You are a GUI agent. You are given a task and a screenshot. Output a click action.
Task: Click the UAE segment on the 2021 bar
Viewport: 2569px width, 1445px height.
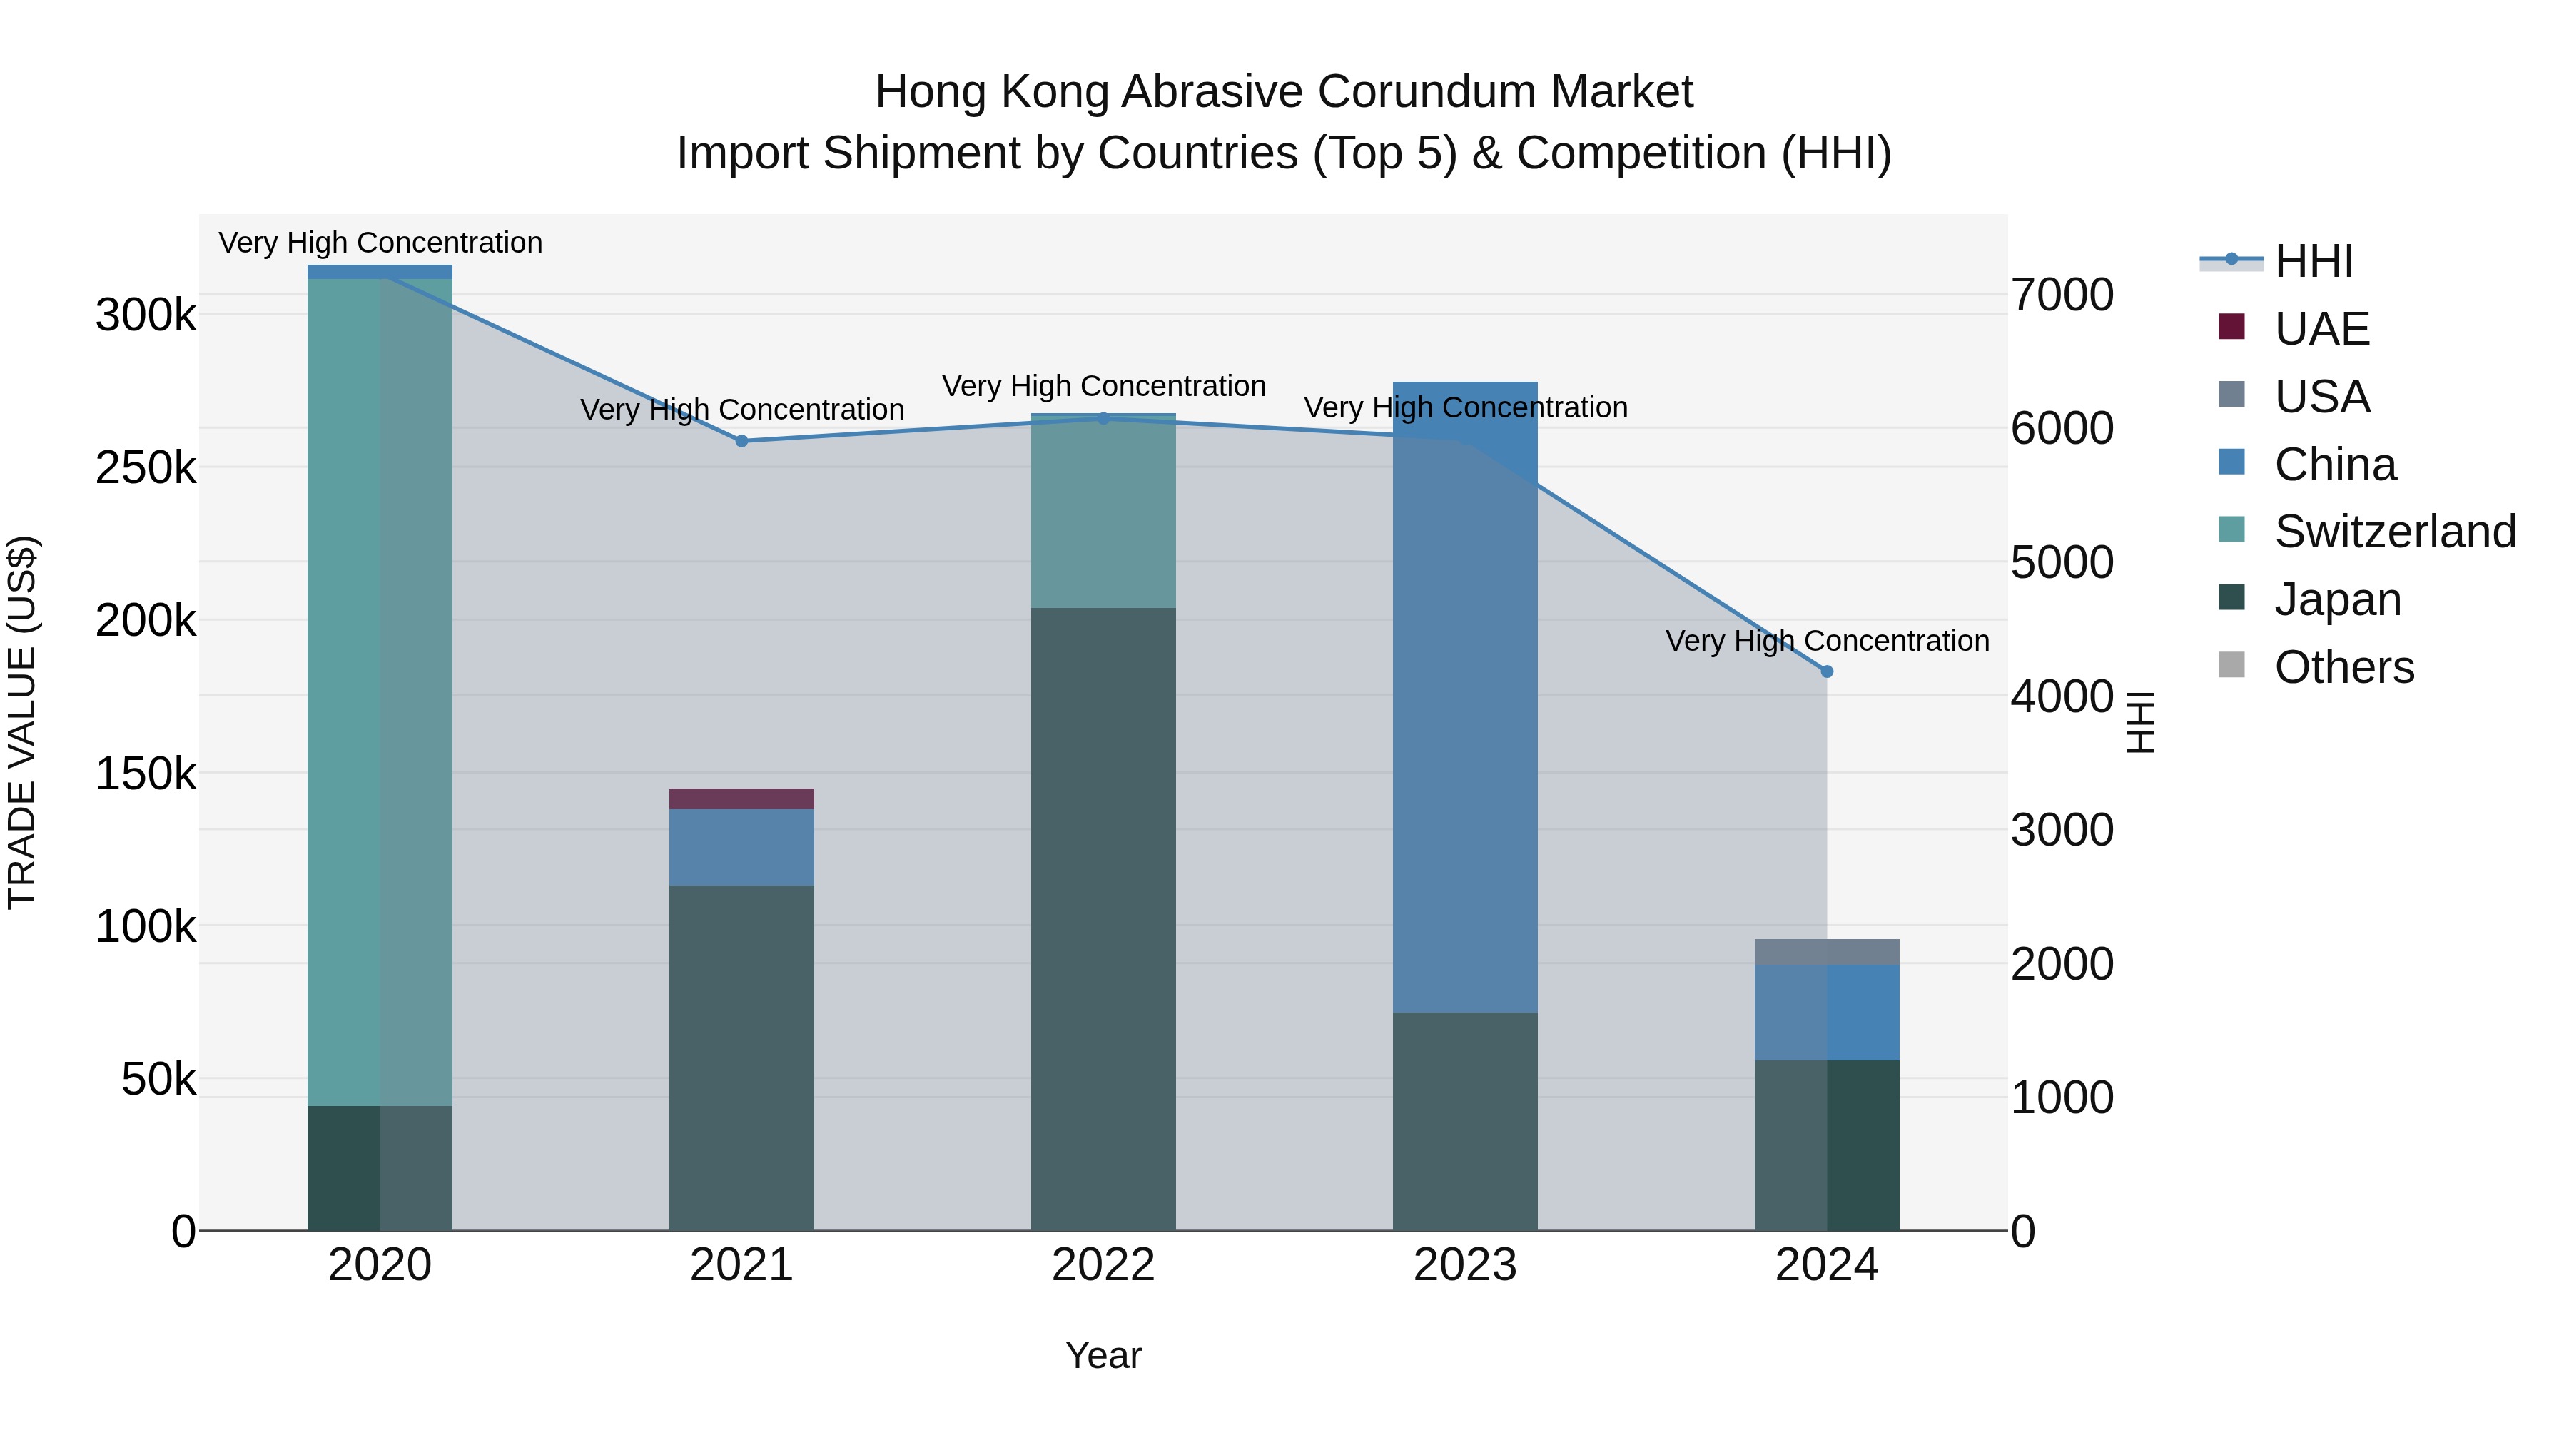(x=741, y=798)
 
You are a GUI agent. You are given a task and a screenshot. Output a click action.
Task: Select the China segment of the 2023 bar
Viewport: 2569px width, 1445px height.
(x=1464, y=698)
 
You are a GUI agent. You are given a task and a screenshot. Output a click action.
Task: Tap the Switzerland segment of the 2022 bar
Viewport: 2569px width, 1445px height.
(x=1103, y=511)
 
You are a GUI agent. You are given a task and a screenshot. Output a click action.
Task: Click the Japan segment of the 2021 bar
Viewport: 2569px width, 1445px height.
(x=741, y=1057)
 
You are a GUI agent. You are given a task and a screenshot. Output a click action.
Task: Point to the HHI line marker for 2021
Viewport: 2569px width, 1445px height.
(x=741, y=441)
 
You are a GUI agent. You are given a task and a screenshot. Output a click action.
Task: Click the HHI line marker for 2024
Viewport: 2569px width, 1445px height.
(x=1826, y=671)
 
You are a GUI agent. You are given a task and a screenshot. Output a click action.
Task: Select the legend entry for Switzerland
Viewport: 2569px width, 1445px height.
(x=2394, y=532)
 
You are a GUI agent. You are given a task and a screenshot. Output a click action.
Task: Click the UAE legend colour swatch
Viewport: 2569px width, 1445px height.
(x=2231, y=327)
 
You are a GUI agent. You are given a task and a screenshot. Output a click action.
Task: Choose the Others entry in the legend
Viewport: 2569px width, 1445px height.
(x=2343, y=667)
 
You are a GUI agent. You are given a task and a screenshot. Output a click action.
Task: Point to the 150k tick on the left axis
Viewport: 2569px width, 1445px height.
(x=146, y=774)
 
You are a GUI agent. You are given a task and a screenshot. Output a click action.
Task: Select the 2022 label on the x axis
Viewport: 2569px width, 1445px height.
(x=1103, y=1265)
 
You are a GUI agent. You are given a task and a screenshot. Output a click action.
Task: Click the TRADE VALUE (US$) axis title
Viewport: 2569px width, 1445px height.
(x=22, y=722)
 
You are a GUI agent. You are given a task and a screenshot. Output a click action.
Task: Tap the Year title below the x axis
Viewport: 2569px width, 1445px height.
(x=1103, y=1355)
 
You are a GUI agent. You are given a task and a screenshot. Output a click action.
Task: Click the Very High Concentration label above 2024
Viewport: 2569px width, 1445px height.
(x=1826, y=640)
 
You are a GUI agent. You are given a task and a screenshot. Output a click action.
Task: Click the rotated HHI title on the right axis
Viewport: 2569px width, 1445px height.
(x=2140, y=722)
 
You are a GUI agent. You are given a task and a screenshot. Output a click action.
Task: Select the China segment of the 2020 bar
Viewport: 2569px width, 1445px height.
(x=379, y=271)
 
